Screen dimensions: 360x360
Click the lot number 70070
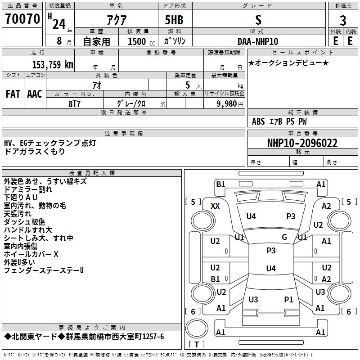click(22, 18)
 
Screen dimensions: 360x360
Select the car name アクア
click(117, 20)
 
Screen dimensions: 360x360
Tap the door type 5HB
click(174, 20)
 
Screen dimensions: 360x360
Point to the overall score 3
click(343, 20)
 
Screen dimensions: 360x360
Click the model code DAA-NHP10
click(258, 41)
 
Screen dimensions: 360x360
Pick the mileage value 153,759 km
click(53, 64)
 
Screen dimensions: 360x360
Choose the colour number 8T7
click(74, 104)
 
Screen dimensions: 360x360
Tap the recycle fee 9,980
click(226, 103)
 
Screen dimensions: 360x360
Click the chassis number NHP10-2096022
click(302, 143)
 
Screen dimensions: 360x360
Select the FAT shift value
click(13, 94)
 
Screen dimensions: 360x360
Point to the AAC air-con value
click(35, 94)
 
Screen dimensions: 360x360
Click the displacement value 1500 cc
click(141, 41)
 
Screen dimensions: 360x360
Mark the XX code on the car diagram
click(215, 206)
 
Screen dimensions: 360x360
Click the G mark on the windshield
click(284, 237)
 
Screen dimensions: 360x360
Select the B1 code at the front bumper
click(220, 184)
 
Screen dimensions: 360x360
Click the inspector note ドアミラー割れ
click(28, 189)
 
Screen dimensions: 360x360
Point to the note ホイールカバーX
click(31, 254)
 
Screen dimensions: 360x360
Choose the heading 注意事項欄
click(124, 133)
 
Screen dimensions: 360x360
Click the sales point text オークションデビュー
click(288, 63)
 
